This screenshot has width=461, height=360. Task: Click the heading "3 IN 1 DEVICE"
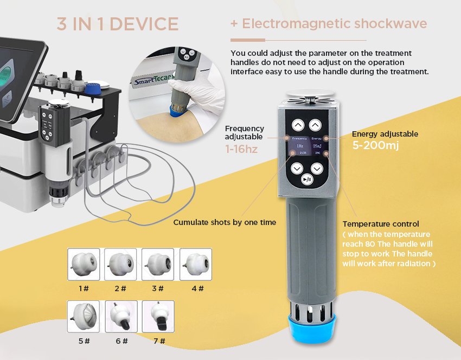[x=118, y=24]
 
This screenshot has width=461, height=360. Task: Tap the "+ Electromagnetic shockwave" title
[x=329, y=24]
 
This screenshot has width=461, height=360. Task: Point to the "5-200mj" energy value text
[x=375, y=145]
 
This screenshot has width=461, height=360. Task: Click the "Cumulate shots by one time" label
[x=225, y=222]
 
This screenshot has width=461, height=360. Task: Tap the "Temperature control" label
[x=381, y=224]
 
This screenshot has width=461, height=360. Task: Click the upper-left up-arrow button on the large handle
[x=297, y=125]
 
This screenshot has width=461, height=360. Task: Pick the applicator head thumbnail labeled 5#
[x=84, y=317]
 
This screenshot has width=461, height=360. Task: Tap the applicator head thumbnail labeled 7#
[x=158, y=317]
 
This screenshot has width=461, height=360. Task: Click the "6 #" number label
[x=121, y=341]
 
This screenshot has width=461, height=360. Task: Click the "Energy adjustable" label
[x=385, y=134]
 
